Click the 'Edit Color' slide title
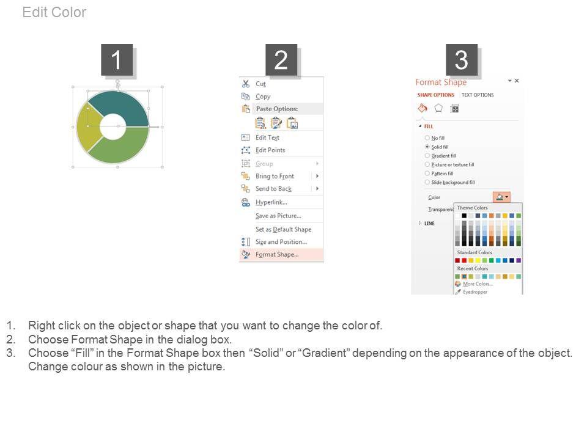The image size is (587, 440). tap(54, 12)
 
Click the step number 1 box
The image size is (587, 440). tap(117, 60)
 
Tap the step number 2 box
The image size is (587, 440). tap(281, 60)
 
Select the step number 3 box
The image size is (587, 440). tap(461, 60)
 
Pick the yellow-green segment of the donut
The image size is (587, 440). tap(88, 127)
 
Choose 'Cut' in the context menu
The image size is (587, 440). tap(260, 84)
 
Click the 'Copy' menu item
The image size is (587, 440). tap(263, 97)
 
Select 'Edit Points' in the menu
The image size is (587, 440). tap(270, 150)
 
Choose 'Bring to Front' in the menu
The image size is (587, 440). tap(275, 176)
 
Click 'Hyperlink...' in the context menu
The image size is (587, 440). tap(271, 202)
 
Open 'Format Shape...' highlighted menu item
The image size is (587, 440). tap(277, 254)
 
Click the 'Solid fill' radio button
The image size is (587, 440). tap(427, 147)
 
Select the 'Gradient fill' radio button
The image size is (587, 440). tap(427, 156)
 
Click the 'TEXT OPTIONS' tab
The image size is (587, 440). tap(478, 95)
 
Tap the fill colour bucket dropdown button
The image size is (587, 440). tap(501, 197)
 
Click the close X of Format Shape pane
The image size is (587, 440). tap(517, 81)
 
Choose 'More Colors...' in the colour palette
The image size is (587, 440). tap(478, 284)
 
